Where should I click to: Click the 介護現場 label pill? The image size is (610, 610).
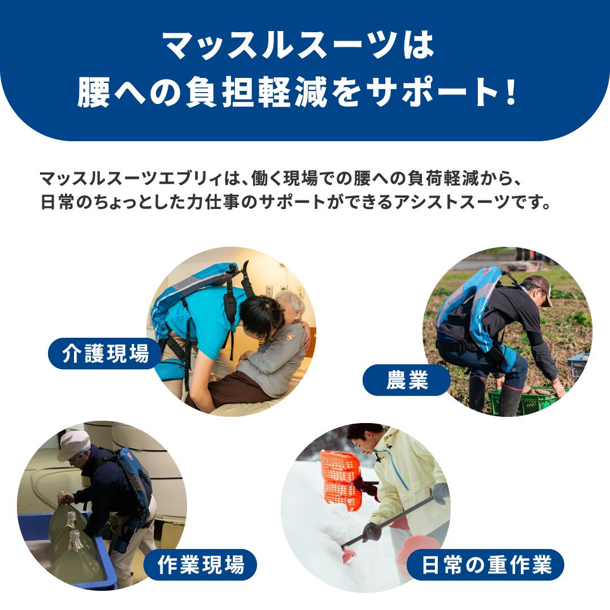[x=106, y=354]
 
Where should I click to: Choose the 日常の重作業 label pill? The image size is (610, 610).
[x=486, y=565]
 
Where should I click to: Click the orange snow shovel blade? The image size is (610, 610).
[x=340, y=480]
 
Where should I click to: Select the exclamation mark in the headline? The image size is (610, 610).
[x=512, y=94]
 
